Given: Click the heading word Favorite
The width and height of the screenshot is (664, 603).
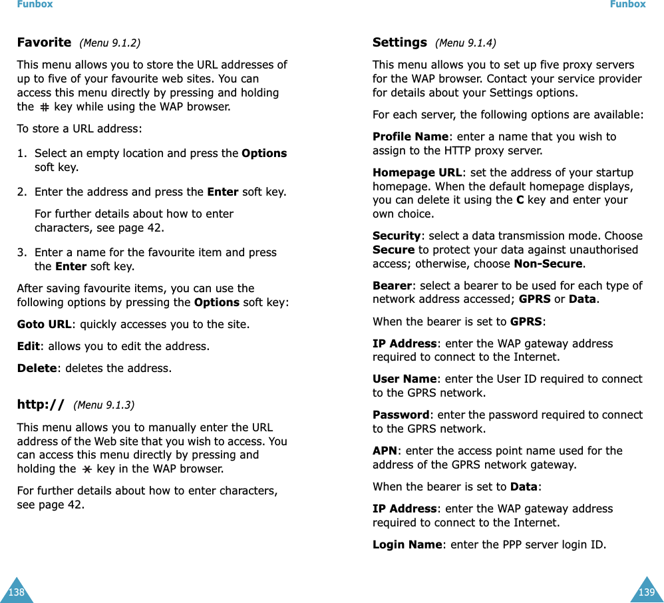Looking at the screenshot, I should [x=44, y=43].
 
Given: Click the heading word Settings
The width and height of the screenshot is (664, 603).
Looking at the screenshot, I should [x=399, y=43].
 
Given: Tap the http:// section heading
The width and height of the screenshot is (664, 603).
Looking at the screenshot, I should [x=41, y=404].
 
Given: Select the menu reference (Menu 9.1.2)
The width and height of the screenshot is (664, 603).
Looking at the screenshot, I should [x=110, y=43].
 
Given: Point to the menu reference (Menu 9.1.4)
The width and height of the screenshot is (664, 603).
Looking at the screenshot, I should [x=465, y=43].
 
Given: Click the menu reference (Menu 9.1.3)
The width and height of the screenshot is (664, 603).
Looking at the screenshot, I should [x=104, y=405].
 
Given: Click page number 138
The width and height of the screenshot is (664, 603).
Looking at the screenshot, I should [x=15, y=592].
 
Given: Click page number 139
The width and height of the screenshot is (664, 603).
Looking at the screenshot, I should [x=646, y=592].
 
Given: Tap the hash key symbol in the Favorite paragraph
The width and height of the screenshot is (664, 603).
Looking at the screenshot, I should [x=44, y=106].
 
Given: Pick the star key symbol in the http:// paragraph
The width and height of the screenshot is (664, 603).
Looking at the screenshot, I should [x=86, y=469].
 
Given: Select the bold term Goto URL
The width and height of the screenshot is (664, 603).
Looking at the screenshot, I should [x=44, y=325].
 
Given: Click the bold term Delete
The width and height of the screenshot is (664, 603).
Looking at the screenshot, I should [x=37, y=367].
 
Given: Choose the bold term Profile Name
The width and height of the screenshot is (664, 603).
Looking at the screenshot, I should [x=411, y=136].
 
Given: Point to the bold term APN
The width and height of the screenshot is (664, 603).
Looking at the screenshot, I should [x=385, y=451].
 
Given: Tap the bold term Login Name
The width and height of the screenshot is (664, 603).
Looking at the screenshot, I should [x=407, y=544].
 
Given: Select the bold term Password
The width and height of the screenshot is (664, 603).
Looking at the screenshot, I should [x=401, y=415].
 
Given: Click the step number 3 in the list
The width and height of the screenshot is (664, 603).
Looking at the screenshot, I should [x=22, y=252].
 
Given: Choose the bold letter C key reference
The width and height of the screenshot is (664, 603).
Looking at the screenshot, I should [x=520, y=200].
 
